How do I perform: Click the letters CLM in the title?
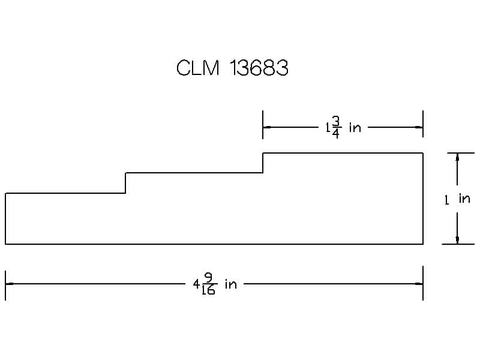[198, 68]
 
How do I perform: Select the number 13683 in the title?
[259, 68]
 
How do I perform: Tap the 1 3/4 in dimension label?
[343, 127]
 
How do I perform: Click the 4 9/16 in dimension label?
[215, 284]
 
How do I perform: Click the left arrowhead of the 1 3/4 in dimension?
[266, 127]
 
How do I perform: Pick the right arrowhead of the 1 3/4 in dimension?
[419, 127]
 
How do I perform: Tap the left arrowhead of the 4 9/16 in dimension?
[10, 284]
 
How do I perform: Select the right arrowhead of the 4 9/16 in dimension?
[419, 284]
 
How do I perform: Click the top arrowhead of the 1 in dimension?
[457, 157]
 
